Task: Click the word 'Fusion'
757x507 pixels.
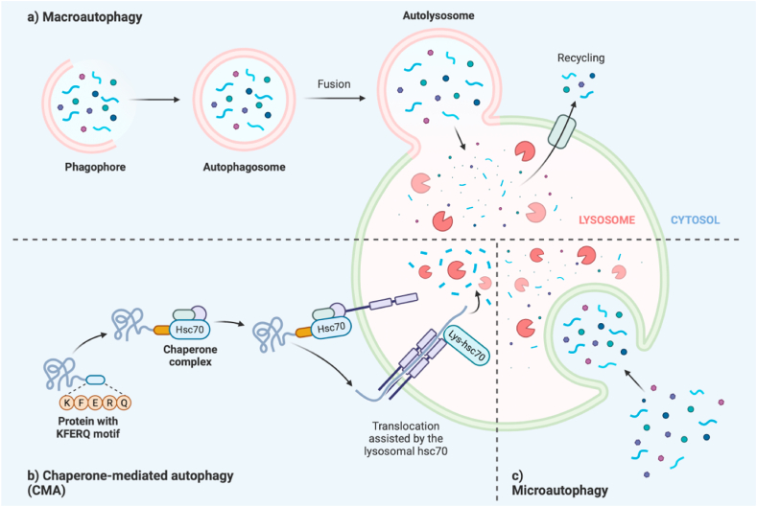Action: (x=333, y=83)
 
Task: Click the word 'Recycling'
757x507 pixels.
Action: (x=580, y=58)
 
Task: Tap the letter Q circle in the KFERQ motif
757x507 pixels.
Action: (x=124, y=403)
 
